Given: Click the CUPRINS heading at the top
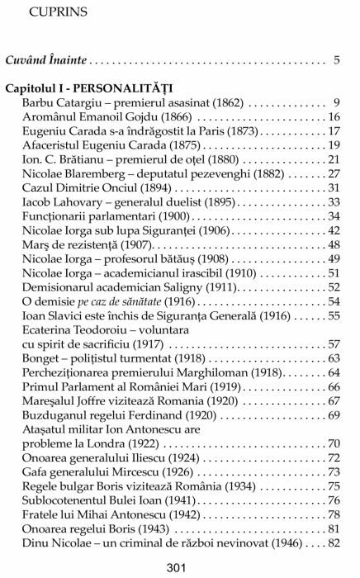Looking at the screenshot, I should pyautogui.click(x=54, y=12).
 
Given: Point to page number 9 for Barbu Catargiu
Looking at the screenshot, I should pyautogui.click(x=337, y=102).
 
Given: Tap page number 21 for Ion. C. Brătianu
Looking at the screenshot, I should pyautogui.click(x=334, y=159).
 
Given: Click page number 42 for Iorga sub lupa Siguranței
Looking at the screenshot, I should pyautogui.click(x=334, y=230).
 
